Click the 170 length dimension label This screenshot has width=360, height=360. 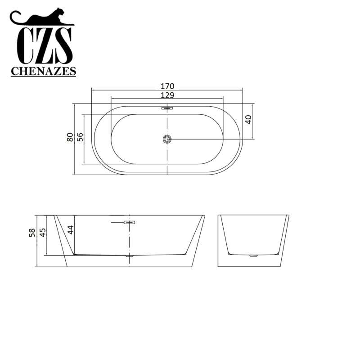click(167, 86)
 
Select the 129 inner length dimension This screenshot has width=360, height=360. click(167, 95)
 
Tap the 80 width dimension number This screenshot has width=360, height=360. click(70, 137)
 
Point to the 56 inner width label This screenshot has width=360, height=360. click(80, 137)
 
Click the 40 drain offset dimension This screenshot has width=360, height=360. click(248, 119)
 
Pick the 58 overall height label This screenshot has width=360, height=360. click(32, 233)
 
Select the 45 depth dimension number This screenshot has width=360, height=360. click(43, 233)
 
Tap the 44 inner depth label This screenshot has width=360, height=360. click(71, 230)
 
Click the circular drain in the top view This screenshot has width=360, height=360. click(167, 139)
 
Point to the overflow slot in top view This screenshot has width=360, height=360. click(167, 108)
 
